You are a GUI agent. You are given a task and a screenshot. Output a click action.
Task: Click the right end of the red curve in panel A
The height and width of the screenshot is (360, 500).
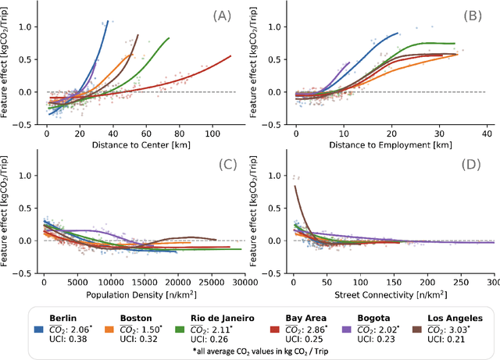tap(231, 55)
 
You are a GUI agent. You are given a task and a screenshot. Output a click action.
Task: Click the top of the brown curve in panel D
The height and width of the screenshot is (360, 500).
tap(295, 186)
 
